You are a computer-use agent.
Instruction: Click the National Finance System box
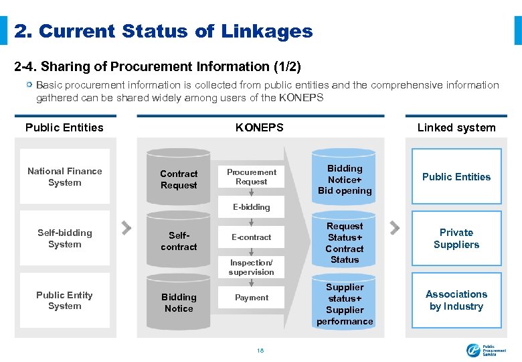pos(65,177)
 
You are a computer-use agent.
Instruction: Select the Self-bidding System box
pos(65,239)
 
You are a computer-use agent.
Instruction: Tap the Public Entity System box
pos(65,300)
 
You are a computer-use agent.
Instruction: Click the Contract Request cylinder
pos(179,179)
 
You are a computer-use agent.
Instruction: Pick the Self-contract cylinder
pos(179,241)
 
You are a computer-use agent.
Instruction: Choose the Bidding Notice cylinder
pos(179,302)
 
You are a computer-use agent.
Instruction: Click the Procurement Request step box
pos(252,177)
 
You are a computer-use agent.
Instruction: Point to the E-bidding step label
pos(252,207)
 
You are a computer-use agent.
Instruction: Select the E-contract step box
pos(252,237)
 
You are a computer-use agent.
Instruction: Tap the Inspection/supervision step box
pos(252,267)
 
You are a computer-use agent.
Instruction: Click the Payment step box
pos(252,298)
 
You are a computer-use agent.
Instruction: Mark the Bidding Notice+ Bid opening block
pos(345,180)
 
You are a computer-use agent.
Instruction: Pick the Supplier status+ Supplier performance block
pos(345,304)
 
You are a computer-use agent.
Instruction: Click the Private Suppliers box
pos(456,239)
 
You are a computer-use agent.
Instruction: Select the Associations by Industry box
pos(456,300)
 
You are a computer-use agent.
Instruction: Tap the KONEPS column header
pos(260,127)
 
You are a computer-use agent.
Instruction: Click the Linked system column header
pos(456,127)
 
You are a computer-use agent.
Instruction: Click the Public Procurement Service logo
pos(481,349)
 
